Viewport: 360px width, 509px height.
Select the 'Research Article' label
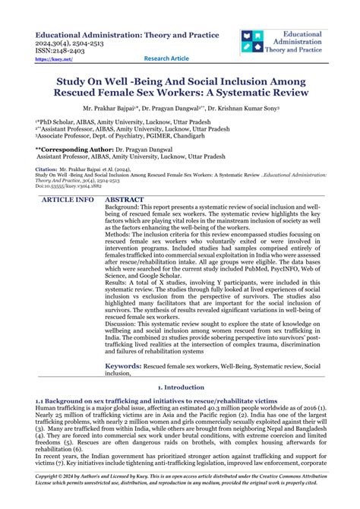167,59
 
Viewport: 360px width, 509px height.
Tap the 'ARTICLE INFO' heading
68,200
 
